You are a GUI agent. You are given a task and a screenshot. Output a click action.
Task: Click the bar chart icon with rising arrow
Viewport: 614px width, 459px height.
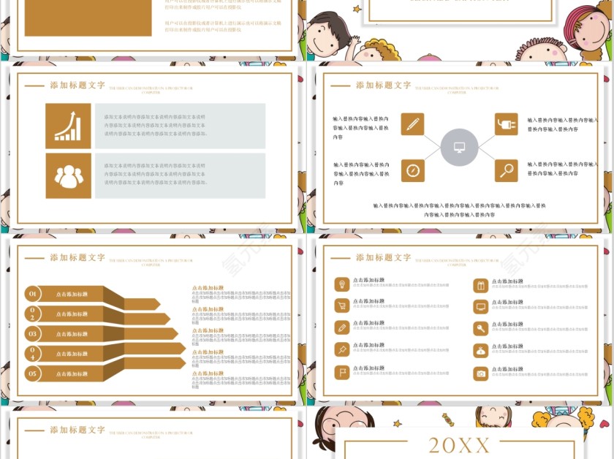(x=68, y=126)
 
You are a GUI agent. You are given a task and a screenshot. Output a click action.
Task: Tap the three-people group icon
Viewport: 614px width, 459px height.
(x=68, y=175)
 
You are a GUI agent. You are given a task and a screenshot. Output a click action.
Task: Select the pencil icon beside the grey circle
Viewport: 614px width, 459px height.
(x=412, y=124)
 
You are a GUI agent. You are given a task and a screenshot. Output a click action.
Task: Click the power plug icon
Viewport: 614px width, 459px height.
(x=506, y=124)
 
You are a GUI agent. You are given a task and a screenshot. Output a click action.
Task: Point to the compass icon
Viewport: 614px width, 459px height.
(x=412, y=170)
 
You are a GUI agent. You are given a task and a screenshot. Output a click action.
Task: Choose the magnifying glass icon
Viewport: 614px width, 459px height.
(x=506, y=170)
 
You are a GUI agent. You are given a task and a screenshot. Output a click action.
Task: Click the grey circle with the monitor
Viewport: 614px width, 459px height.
(x=459, y=148)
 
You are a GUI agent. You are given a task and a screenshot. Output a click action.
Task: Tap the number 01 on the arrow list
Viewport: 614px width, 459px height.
(x=33, y=294)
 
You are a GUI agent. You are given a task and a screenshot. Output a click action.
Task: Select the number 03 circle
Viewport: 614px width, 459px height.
(x=33, y=333)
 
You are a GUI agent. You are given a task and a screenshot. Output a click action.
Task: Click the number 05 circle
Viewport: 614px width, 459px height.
(x=33, y=373)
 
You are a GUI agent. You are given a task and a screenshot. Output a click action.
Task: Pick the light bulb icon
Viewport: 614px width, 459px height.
(x=341, y=284)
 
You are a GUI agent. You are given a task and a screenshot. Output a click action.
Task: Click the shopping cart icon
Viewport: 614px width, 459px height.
(x=341, y=306)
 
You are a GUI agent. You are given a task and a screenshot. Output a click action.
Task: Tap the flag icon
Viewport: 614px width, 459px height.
(x=341, y=373)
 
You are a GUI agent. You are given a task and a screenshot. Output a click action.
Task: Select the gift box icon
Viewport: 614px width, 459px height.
(x=480, y=285)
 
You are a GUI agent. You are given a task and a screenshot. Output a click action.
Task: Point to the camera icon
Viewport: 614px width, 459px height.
(x=480, y=373)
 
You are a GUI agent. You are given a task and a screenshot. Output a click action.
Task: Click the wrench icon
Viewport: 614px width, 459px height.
(x=480, y=329)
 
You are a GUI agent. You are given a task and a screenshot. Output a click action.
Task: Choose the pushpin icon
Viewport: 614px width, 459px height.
(x=341, y=349)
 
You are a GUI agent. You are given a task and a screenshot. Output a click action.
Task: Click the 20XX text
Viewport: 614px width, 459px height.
(x=459, y=444)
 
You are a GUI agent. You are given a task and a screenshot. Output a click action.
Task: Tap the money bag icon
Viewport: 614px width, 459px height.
(x=480, y=351)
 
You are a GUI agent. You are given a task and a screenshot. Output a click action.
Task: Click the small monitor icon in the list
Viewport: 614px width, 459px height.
(x=480, y=307)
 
